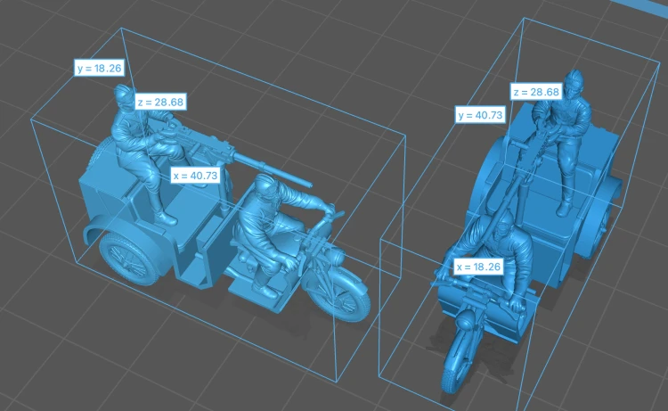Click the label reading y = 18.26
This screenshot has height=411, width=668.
tap(99, 68)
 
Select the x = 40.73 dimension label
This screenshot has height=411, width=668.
tap(195, 176)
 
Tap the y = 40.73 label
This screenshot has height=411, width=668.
tap(480, 115)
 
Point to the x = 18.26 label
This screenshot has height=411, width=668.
tap(478, 267)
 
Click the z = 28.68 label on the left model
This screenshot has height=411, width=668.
tap(160, 102)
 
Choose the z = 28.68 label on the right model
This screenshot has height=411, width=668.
tap(536, 92)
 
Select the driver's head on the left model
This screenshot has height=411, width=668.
tap(265, 186)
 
